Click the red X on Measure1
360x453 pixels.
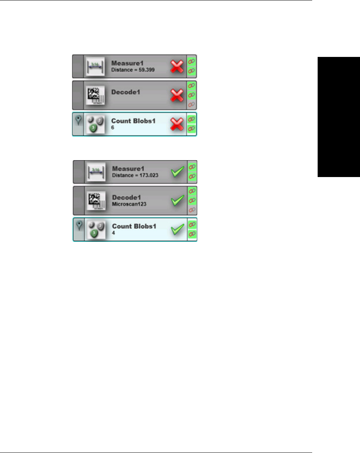(177, 67)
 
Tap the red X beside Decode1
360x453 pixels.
(177, 95)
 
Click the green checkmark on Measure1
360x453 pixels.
(178, 172)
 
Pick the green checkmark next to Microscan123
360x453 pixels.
(178, 201)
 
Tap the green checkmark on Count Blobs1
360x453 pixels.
(178, 229)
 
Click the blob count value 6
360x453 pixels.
(113, 128)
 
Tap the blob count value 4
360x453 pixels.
(114, 233)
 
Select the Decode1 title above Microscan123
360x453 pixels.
(127, 197)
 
